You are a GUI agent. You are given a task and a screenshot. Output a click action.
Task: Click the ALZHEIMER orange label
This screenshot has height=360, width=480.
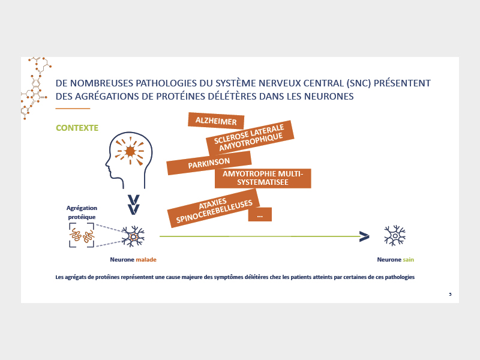click(x=216, y=121)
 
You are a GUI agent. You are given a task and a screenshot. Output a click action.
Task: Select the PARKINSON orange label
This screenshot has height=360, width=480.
click(x=209, y=163)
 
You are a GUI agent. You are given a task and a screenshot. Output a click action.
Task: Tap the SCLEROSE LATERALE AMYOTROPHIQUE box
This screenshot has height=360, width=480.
click(x=250, y=138)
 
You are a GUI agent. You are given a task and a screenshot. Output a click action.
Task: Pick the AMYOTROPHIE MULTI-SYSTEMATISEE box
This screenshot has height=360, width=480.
click(x=263, y=178)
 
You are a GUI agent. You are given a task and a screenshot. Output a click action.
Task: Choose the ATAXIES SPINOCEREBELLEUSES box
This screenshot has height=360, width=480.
click(x=214, y=209)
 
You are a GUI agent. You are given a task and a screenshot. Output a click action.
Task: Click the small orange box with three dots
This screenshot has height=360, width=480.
click(x=260, y=214)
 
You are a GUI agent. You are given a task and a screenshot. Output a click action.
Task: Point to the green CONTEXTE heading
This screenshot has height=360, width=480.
click(x=77, y=128)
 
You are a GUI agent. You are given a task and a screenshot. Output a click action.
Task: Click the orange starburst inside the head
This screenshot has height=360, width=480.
click(x=130, y=152)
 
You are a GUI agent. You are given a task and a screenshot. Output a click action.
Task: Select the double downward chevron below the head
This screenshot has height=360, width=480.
click(x=133, y=205)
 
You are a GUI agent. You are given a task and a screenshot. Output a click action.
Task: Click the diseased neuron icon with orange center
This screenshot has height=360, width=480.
click(x=133, y=236)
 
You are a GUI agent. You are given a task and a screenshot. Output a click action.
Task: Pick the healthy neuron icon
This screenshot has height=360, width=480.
click(x=395, y=235)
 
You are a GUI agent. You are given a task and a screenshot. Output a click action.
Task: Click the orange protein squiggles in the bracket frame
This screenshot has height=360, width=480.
click(x=82, y=235)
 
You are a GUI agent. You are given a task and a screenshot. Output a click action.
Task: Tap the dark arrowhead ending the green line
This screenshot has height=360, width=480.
click(x=364, y=236)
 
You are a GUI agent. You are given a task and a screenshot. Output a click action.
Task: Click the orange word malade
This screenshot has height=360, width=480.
click(x=146, y=260)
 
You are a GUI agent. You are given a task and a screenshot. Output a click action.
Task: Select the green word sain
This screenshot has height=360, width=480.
click(x=409, y=260)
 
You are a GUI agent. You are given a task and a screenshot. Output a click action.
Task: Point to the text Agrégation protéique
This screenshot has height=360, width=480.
click(x=82, y=212)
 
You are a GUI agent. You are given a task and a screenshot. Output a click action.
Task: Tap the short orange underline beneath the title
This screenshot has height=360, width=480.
click(x=73, y=109)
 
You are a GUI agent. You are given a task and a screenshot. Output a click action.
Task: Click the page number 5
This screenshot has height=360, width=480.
click(x=450, y=294)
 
